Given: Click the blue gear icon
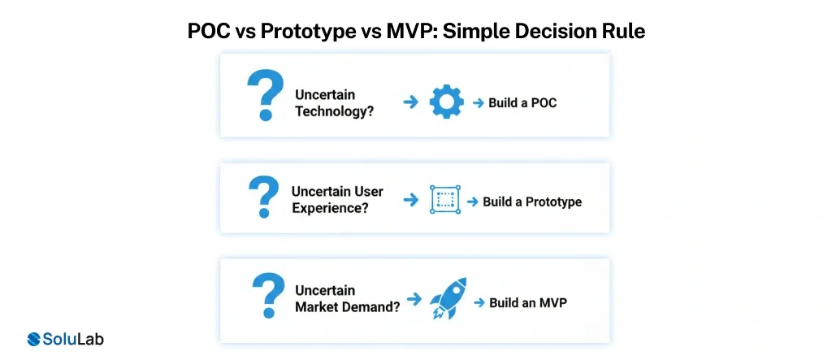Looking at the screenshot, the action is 446,102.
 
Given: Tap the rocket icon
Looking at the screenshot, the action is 448,298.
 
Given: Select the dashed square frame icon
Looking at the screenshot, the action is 445,200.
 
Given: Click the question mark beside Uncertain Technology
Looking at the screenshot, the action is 266,96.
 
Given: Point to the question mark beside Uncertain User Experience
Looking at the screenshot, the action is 264,197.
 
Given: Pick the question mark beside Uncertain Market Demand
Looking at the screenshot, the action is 268,295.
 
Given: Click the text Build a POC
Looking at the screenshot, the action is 522,102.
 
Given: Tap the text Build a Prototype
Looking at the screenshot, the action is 532,202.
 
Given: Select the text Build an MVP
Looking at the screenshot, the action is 528,302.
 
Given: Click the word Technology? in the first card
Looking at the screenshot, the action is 334,111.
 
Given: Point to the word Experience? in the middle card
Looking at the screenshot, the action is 330,207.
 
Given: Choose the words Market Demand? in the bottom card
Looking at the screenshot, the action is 348,307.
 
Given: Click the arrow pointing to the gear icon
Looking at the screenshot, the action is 410,102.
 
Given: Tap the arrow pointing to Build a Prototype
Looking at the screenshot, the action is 472,202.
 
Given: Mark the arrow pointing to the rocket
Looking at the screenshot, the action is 414,299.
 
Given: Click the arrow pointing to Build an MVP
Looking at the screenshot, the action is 479,302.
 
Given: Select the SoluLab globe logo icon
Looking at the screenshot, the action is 34,340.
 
